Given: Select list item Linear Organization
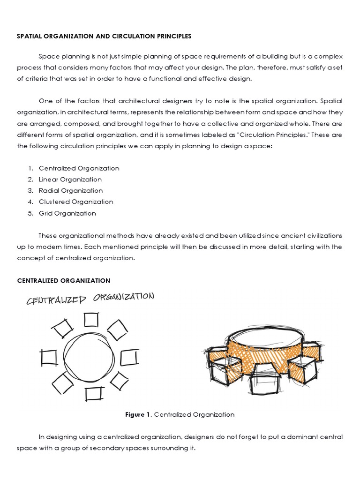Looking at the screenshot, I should tap(70, 180).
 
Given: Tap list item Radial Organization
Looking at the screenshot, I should tap(71, 191).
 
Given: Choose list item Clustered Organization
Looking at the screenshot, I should tap(76, 202).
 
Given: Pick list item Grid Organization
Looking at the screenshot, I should tap(67, 213).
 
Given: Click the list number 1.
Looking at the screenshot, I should tap(30, 168).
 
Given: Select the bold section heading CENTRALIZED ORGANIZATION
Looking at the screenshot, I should tap(64, 280).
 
